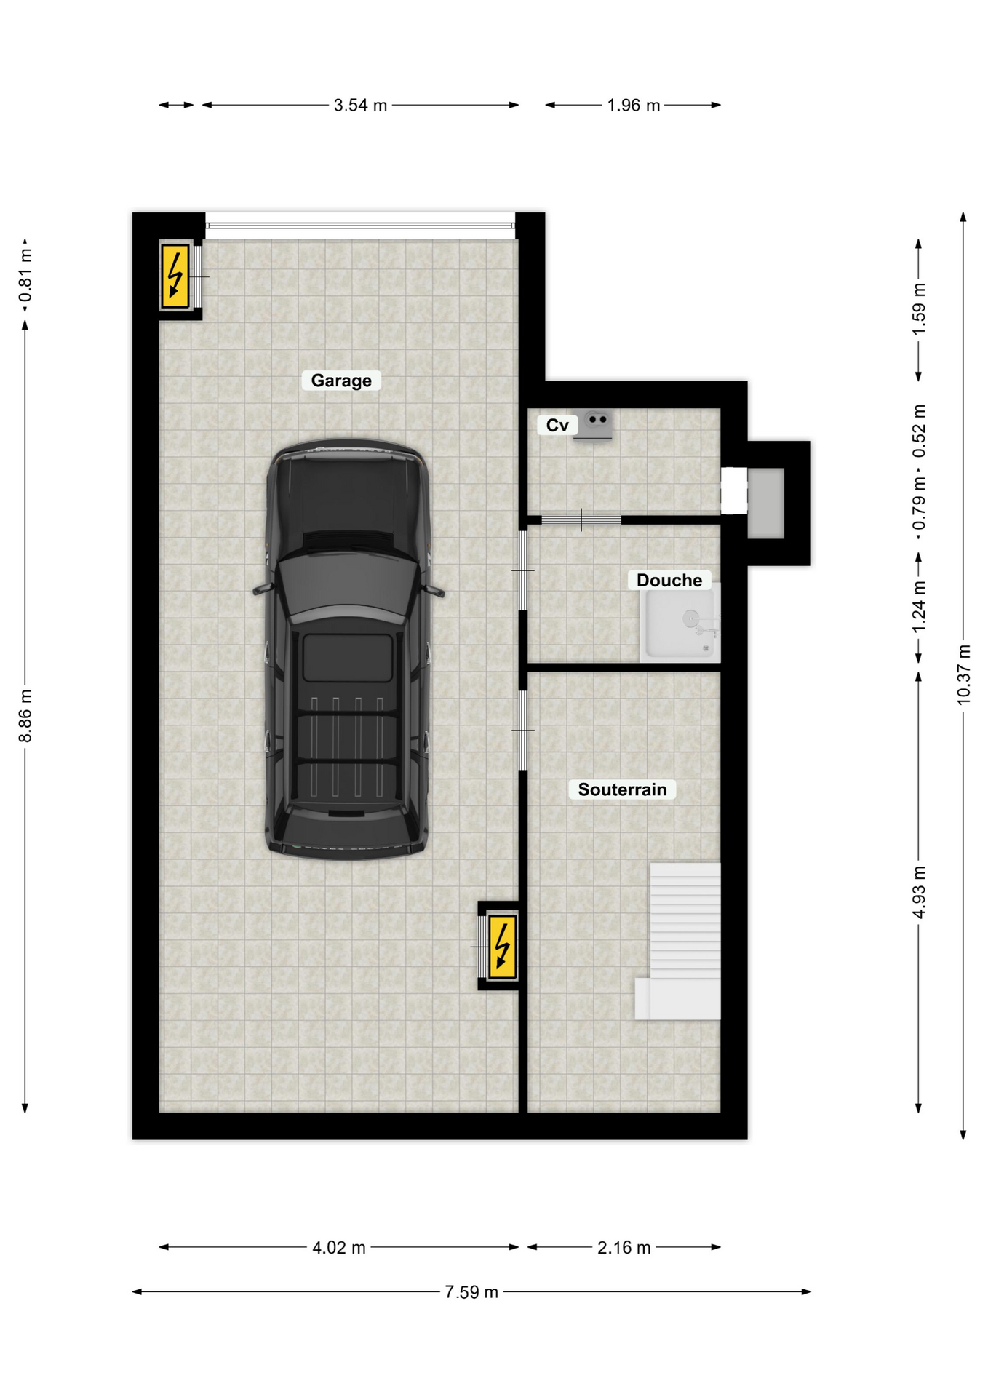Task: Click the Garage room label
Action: [341, 381]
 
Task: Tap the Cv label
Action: [557, 425]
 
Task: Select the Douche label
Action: [669, 580]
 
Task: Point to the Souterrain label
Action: [622, 789]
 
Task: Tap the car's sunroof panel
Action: [348, 658]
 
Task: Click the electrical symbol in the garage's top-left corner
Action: [175, 276]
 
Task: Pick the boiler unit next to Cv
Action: [594, 425]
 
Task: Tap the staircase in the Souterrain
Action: [678, 941]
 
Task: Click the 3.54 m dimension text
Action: [360, 106]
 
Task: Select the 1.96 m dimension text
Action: [634, 106]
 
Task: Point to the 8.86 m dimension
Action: [25, 716]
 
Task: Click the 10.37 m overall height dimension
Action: [963, 674]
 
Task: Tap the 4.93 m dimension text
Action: [919, 892]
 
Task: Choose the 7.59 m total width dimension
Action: [471, 1292]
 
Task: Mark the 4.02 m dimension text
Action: [339, 1248]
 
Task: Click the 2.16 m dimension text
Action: [624, 1248]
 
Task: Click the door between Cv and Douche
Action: [581, 520]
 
